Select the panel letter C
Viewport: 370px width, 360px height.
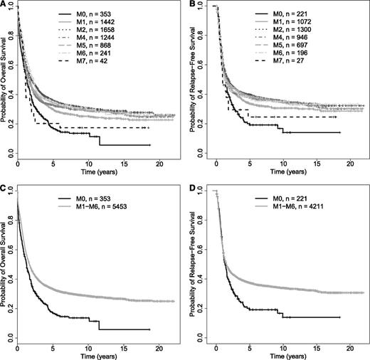4,186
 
